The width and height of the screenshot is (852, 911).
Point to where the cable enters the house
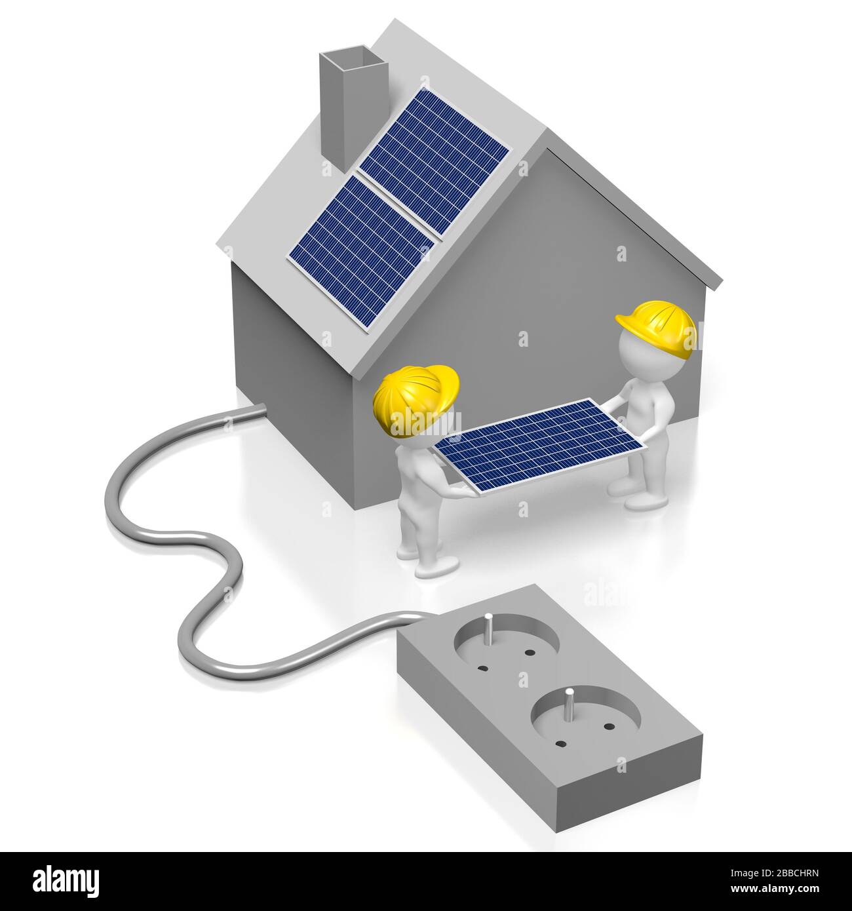(x=259, y=410)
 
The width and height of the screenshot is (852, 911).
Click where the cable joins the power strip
(x=419, y=617)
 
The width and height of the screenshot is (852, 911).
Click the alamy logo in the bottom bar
(x=63, y=878)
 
